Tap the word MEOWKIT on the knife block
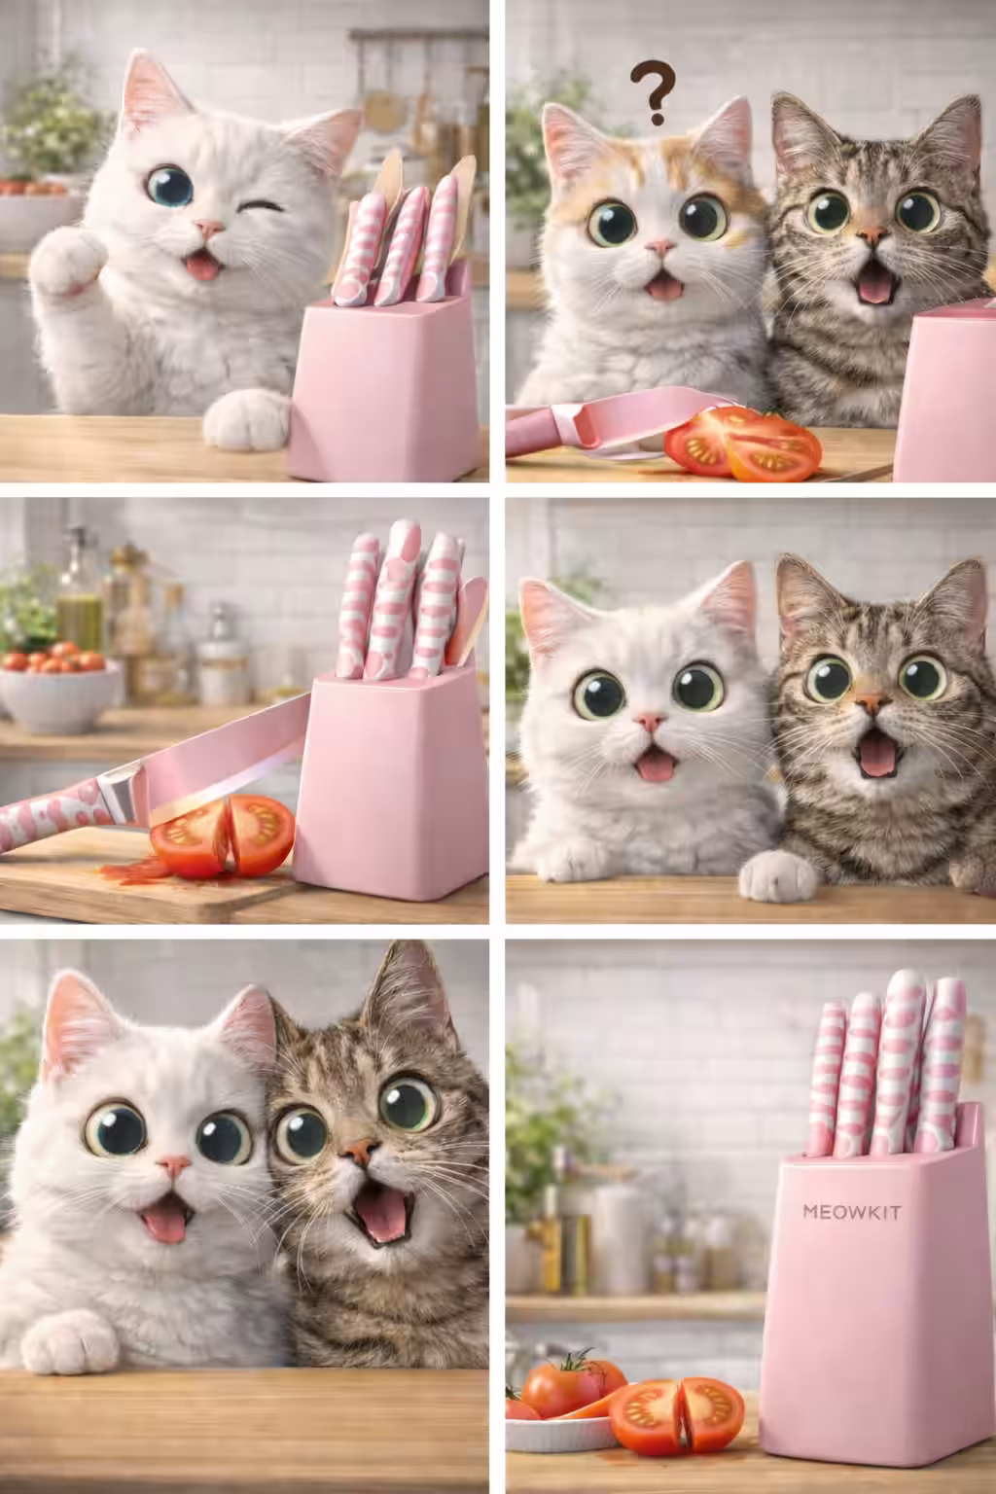coord(852,1211)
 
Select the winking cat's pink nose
coord(209,229)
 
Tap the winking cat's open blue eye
coord(169,186)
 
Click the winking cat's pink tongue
coord(202,267)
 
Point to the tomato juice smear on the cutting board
coord(132,871)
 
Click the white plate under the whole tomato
coord(559,1433)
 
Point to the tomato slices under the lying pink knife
coord(742,444)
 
